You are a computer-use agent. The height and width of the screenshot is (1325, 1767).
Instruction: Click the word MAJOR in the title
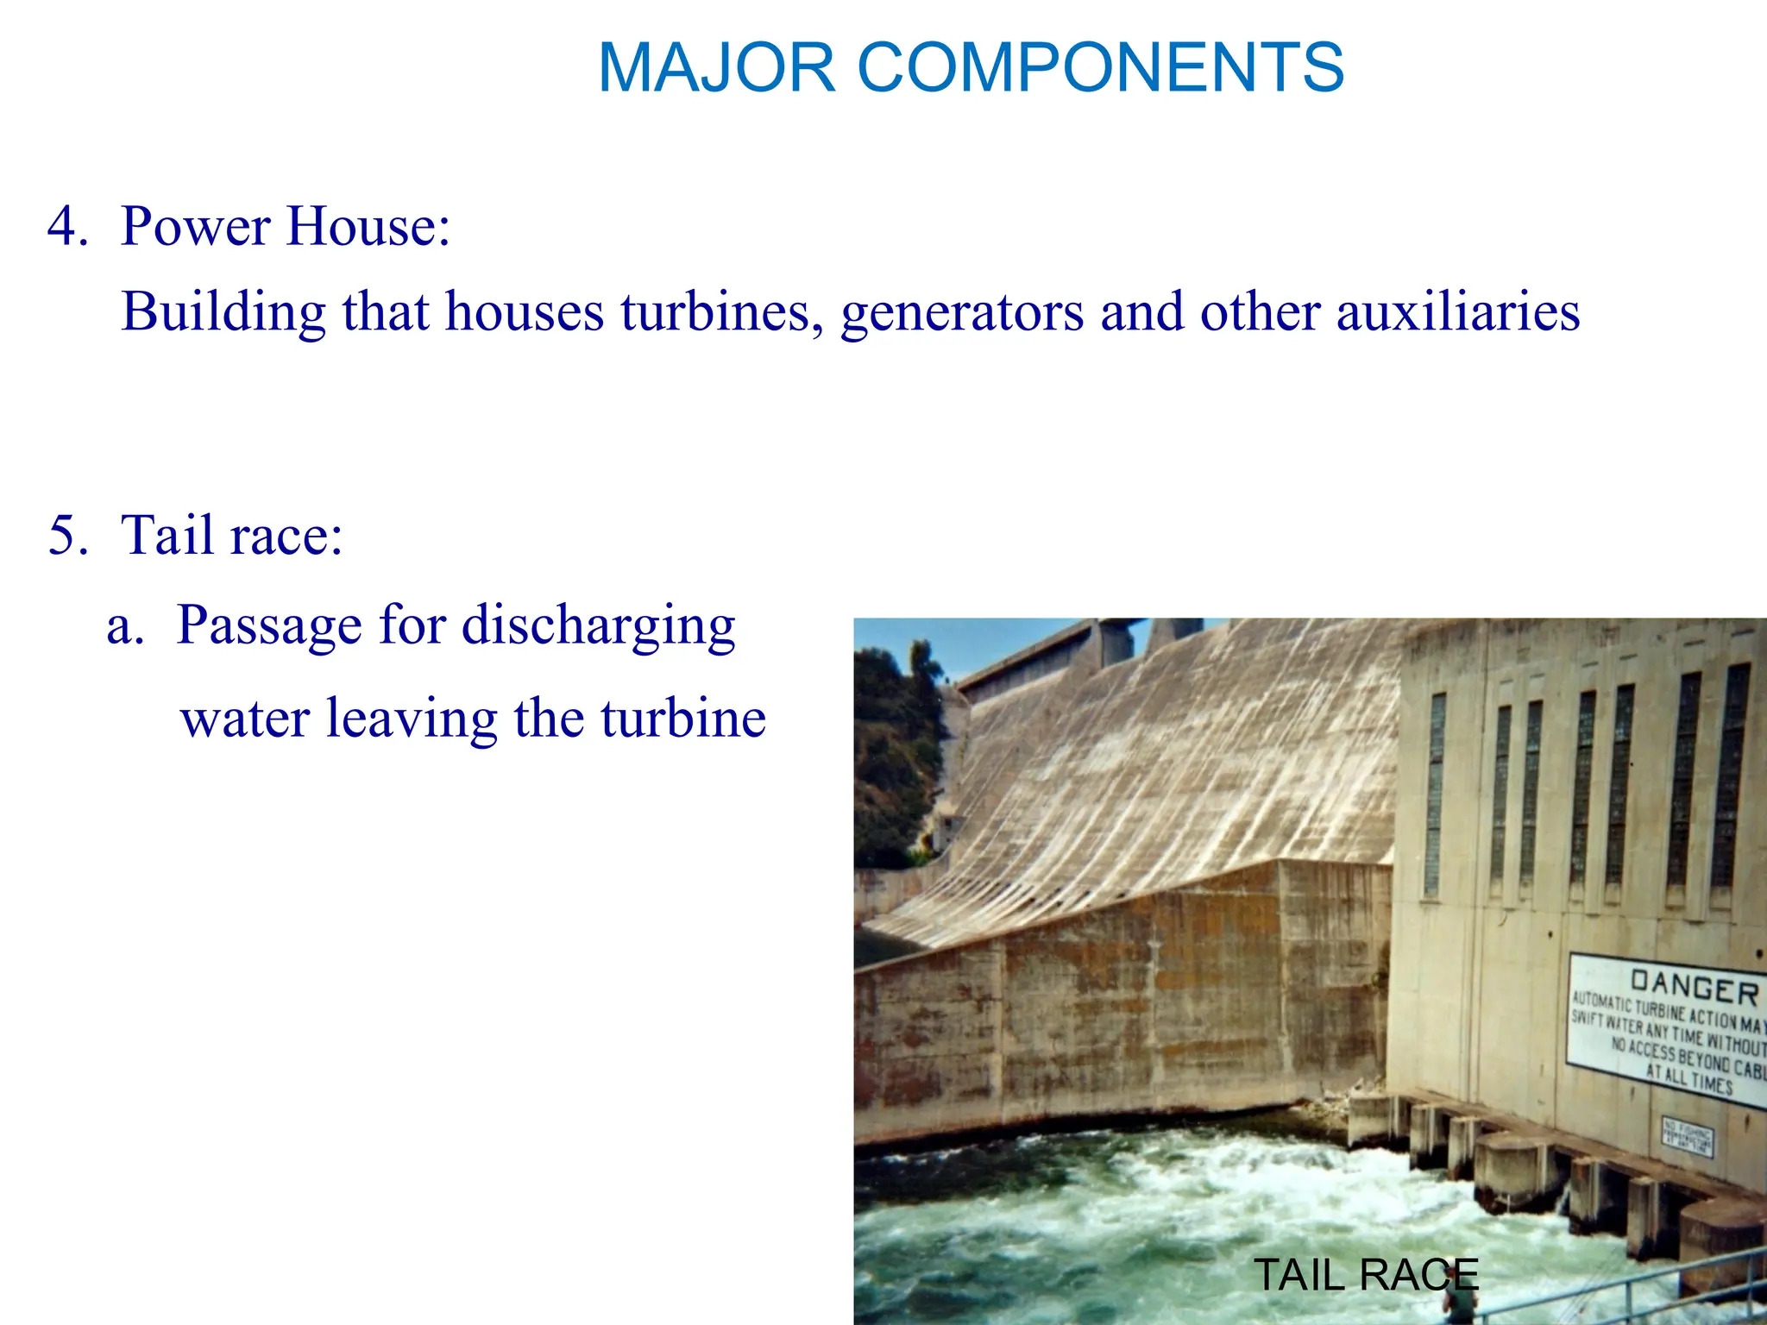(x=716, y=67)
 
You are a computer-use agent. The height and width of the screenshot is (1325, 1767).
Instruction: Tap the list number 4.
(x=67, y=227)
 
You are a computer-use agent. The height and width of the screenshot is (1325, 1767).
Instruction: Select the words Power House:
(x=286, y=227)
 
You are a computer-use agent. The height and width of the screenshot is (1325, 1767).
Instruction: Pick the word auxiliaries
(x=1458, y=312)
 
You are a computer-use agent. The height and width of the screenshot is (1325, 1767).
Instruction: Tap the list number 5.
(x=67, y=536)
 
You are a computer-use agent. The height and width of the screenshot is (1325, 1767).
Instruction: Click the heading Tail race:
(x=232, y=536)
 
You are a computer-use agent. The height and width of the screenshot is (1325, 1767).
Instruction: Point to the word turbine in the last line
(x=682, y=719)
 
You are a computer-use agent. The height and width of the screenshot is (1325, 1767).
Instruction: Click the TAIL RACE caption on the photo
(x=1365, y=1275)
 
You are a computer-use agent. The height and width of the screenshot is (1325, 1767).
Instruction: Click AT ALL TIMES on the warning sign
(x=1688, y=1078)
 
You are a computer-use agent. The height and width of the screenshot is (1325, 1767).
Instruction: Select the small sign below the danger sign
(x=1688, y=1137)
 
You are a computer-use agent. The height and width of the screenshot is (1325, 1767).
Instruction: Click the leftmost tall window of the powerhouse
(x=1436, y=794)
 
